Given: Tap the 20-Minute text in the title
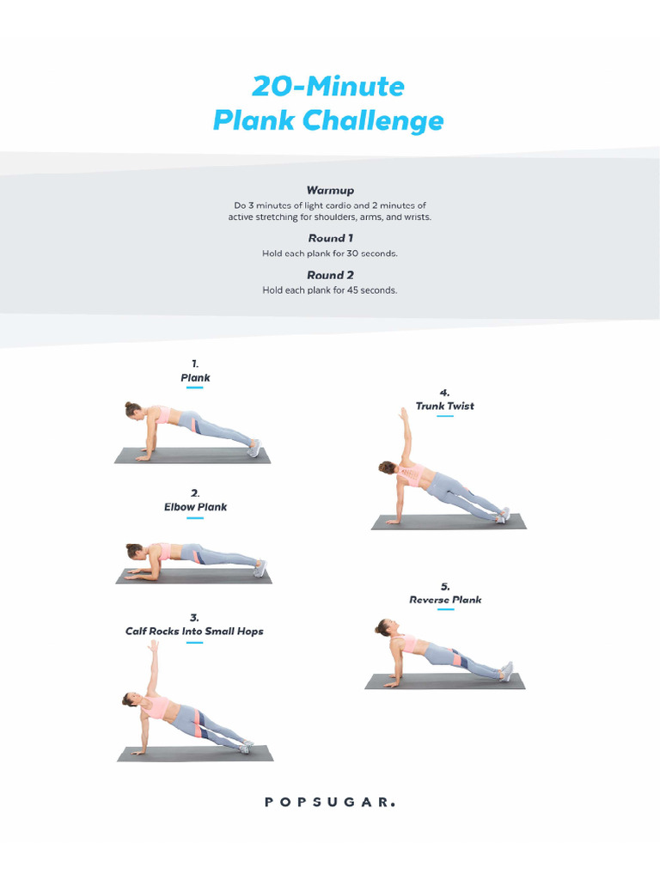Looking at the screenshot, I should click(328, 86).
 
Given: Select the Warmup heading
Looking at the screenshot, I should click(330, 190).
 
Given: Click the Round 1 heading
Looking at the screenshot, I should click(330, 238).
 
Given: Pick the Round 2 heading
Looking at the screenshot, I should click(330, 275).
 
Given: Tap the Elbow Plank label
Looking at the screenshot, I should click(195, 507).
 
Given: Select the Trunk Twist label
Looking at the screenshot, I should click(444, 406).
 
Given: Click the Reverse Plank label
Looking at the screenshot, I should click(445, 600).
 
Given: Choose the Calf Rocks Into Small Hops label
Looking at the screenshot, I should click(194, 631).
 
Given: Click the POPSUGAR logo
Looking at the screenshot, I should click(330, 802).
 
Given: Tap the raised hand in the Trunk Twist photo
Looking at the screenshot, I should click(402, 414).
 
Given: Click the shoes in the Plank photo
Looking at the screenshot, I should click(254, 448).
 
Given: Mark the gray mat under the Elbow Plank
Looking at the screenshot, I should click(193, 577).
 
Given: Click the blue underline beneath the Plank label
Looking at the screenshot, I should click(195, 388).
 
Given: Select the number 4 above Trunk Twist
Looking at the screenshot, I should click(444, 392).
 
